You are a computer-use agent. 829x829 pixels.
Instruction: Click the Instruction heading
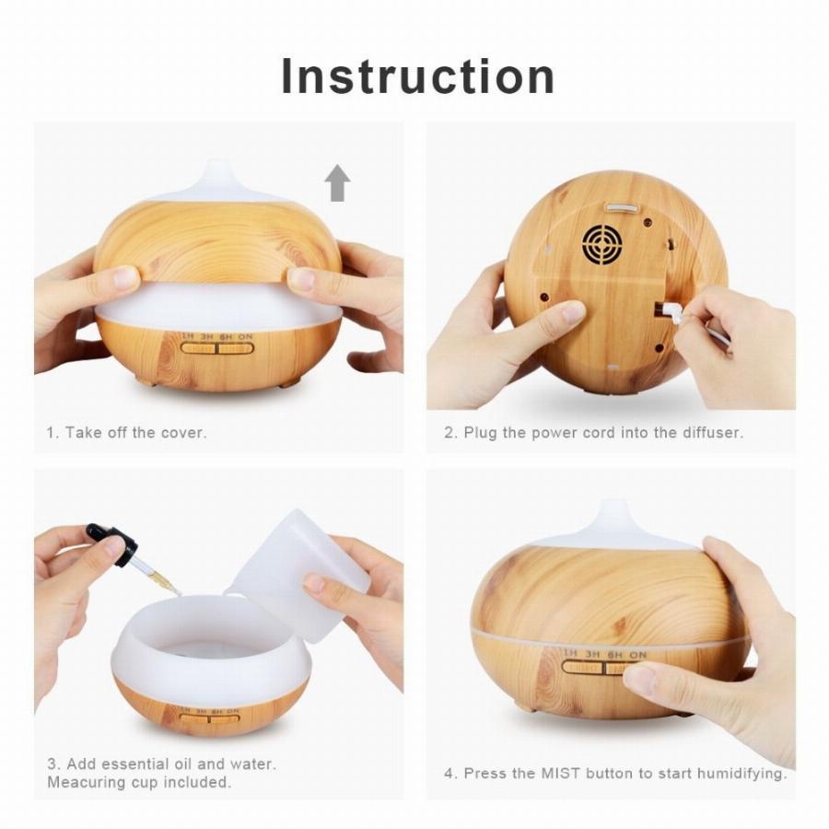(x=417, y=76)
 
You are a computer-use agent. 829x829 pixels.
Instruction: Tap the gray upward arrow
(x=337, y=183)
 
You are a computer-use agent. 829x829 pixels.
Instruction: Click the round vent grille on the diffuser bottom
(x=601, y=243)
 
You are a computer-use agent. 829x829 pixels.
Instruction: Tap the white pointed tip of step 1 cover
(x=216, y=165)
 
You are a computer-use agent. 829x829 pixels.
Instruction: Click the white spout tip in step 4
(x=613, y=506)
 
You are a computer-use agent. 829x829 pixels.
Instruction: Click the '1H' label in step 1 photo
(x=188, y=336)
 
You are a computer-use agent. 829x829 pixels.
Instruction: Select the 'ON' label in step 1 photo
(x=245, y=336)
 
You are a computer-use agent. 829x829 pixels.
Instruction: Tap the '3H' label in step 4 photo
(x=592, y=654)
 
